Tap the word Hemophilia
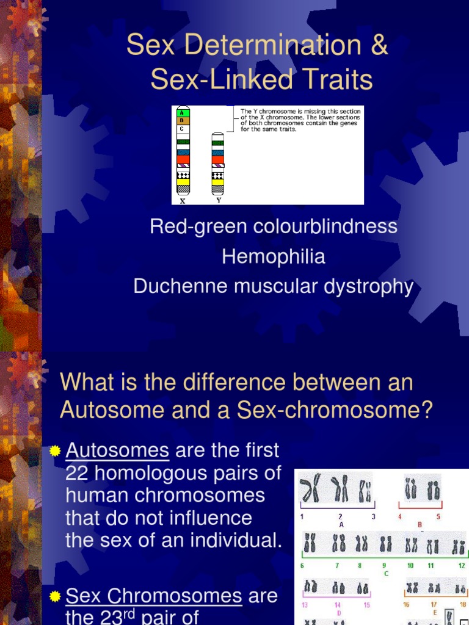point(273,257)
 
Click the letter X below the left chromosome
point(183,200)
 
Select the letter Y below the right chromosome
point(218,199)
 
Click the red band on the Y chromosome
point(218,160)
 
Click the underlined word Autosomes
point(117,450)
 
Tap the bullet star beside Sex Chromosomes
point(55,596)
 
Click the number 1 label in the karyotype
point(302,517)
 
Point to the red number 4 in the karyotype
point(399,517)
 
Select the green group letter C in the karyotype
point(386,573)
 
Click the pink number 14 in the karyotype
point(337,605)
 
